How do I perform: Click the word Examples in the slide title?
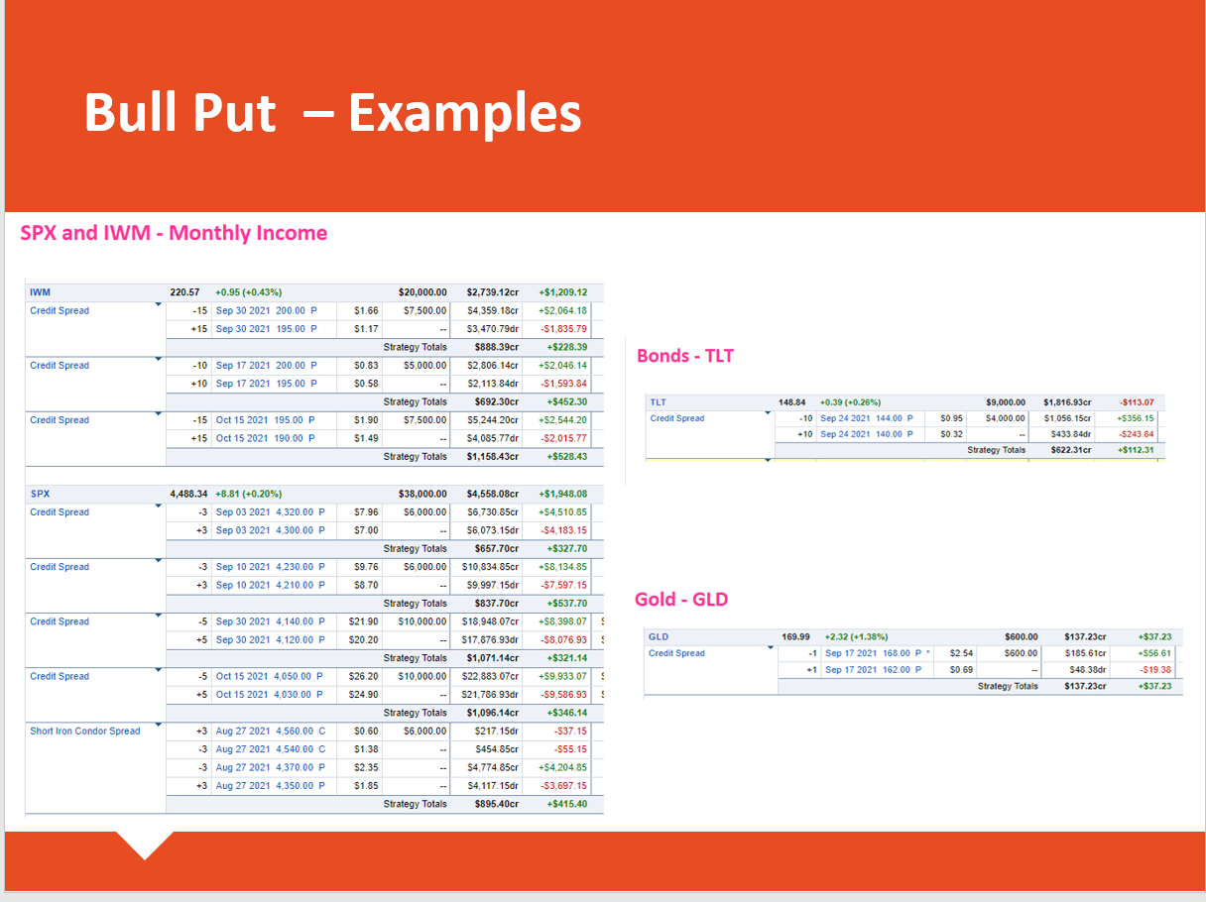click(465, 114)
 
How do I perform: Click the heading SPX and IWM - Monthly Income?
click(174, 233)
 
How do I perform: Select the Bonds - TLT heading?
click(685, 356)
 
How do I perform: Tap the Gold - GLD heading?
click(681, 599)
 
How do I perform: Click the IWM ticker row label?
click(40, 292)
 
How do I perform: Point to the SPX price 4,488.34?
click(188, 494)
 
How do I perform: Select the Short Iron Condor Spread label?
click(85, 731)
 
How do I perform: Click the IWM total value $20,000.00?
click(422, 292)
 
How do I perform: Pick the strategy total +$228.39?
click(567, 347)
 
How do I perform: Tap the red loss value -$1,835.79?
click(563, 329)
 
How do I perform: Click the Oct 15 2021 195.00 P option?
click(266, 420)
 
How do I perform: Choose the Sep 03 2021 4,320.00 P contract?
click(271, 511)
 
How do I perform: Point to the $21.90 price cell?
click(363, 621)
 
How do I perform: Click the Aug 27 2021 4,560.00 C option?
click(271, 731)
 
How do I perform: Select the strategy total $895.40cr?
click(497, 804)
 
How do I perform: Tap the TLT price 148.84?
click(791, 402)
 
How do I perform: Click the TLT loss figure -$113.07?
click(1137, 402)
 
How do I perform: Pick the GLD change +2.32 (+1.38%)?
click(856, 636)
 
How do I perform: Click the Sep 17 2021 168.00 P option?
click(874, 653)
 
